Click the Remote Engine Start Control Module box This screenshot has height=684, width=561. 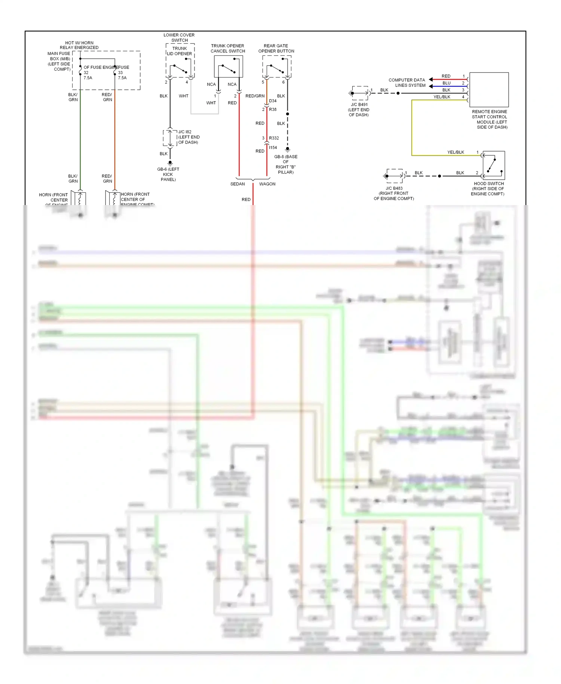point(489,90)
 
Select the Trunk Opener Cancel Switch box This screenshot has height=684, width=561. point(228,67)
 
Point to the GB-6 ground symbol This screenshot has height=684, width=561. point(170,163)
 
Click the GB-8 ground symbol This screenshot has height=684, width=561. point(288,150)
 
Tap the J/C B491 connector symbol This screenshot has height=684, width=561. point(359,93)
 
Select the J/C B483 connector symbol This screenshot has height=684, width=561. point(395,176)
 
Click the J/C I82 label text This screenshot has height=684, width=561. point(185,132)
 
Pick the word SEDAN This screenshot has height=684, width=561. point(237,184)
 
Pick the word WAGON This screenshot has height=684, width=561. point(267,184)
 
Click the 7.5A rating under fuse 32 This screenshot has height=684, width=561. point(88,78)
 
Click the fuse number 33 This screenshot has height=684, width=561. point(120,73)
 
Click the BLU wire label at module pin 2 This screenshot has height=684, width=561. point(447,83)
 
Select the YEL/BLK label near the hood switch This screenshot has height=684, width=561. point(456,152)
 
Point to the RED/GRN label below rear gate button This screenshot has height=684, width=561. point(255,96)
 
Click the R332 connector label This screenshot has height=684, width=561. point(274,138)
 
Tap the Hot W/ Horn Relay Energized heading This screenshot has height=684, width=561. point(79,45)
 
